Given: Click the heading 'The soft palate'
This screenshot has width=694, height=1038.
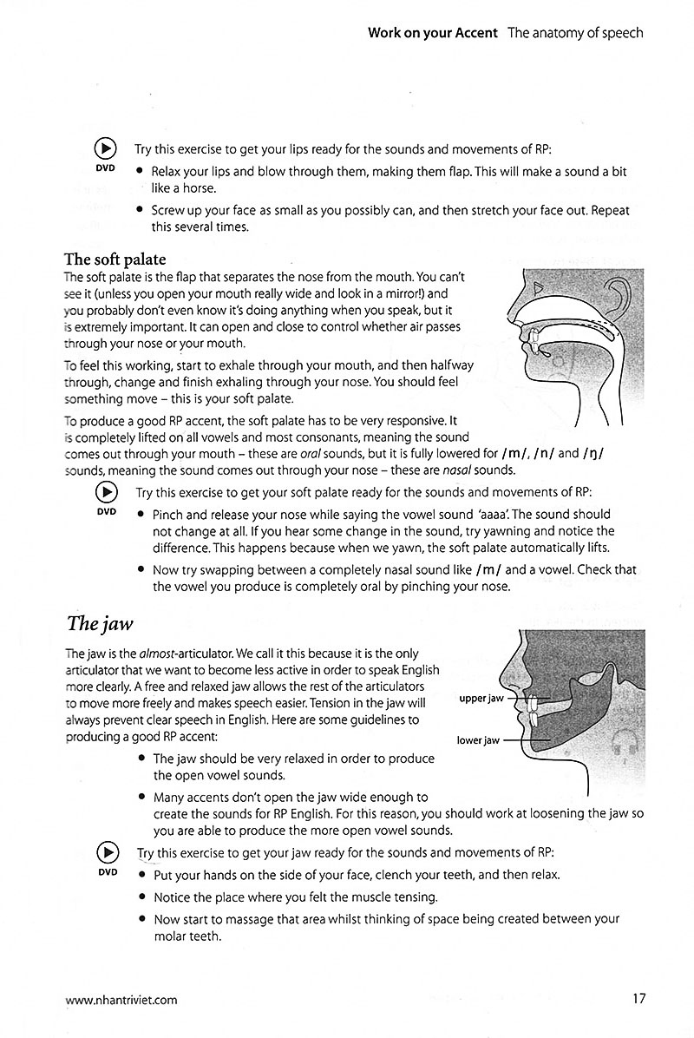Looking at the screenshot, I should pyautogui.click(x=115, y=259).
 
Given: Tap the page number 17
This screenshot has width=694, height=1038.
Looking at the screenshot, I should pyautogui.click(x=638, y=998).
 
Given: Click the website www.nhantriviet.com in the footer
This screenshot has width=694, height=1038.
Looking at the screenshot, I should pyautogui.click(x=121, y=999).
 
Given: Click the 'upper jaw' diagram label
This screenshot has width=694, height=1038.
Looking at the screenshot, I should pyautogui.click(x=482, y=698).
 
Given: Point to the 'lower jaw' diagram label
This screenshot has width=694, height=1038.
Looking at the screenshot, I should pyautogui.click(x=478, y=740).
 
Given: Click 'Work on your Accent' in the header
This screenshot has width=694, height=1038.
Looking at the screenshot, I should pyautogui.click(x=432, y=33).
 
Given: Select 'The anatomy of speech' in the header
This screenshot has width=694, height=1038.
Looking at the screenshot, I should pyautogui.click(x=575, y=33).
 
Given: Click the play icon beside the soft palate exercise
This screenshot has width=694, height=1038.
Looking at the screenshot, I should pyautogui.click(x=106, y=492).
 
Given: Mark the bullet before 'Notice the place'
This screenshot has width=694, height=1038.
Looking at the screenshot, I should pyautogui.click(x=141, y=897).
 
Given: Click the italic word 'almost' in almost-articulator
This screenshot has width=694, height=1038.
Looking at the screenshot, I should pyautogui.click(x=126, y=653).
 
